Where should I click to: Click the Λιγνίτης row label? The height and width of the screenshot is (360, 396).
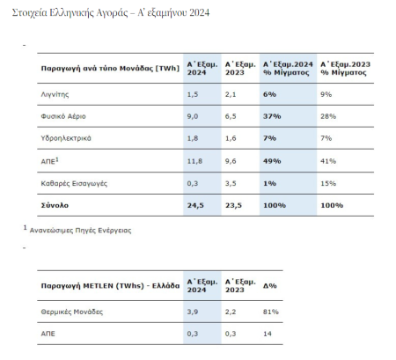pyautogui.click(x=55, y=94)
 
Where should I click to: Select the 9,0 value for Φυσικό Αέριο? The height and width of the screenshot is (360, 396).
pyautogui.click(x=193, y=116)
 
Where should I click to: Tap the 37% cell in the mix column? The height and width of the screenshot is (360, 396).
pyautogui.click(x=272, y=116)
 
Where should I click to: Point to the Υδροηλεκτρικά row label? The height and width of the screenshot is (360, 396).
pyautogui.click(x=66, y=138)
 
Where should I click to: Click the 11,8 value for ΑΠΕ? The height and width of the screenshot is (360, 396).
pyautogui.click(x=194, y=161)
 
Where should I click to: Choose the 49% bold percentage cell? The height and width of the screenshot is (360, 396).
pyautogui.click(x=272, y=161)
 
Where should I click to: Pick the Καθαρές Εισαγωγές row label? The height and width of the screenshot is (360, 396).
pyautogui.click(x=74, y=183)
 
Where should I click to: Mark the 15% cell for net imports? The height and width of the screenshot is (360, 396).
pyautogui.click(x=328, y=183)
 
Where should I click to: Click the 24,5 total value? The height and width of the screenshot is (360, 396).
pyautogui.click(x=195, y=205)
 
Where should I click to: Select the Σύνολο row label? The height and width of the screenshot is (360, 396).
pyautogui.click(x=55, y=205)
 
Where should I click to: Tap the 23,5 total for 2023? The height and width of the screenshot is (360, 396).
pyautogui.click(x=233, y=205)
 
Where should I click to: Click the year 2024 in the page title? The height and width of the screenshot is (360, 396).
pyautogui.click(x=200, y=12)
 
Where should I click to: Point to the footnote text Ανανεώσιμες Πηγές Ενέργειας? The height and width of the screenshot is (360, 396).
pyautogui.click(x=80, y=231)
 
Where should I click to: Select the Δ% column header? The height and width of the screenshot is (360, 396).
pyautogui.click(x=270, y=285)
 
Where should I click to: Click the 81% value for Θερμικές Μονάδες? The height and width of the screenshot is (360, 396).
pyautogui.click(x=271, y=312)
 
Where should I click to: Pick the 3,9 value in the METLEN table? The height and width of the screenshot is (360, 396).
pyautogui.click(x=193, y=312)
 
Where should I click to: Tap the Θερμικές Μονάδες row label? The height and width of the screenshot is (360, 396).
pyautogui.click(x=72, y=312)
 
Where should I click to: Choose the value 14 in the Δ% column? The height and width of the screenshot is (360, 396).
pyautogui.click(x=268, y=334)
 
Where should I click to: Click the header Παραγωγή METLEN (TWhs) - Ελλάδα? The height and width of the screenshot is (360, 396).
pyautogui.click(x=110, y=286)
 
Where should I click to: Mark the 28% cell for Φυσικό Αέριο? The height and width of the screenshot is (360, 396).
pyautogui.click(x=328, y=116)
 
